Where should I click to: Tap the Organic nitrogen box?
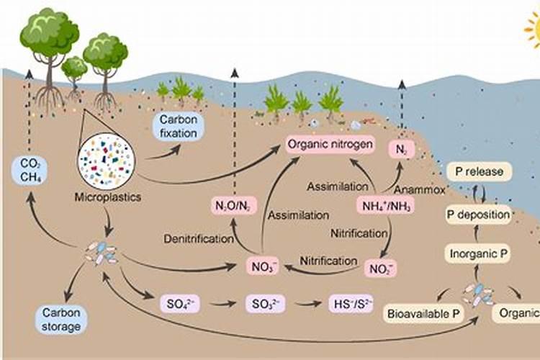tap(330, 145)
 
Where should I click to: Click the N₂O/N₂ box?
tap(233, 206)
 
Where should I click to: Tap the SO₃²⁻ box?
tap(264, 302)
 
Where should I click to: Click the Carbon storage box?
tap(60, 319)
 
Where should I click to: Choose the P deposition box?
tap(478, 214)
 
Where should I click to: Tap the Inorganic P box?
tap(479, 253)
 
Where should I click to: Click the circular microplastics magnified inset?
tap(107, 161)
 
